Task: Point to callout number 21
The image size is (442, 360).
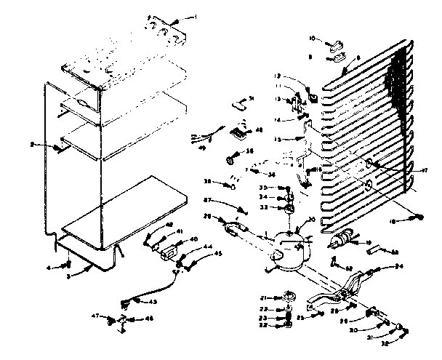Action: (265, 297)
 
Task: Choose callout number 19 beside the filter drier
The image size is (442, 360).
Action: (369, 242)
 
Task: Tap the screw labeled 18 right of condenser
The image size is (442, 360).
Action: (421, 216)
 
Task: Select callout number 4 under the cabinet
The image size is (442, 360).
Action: (49, 268)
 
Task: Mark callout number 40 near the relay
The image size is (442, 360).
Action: (193, 239)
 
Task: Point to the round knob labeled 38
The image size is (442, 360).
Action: (232, 154)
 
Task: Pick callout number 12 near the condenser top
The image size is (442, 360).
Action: (278, 75)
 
